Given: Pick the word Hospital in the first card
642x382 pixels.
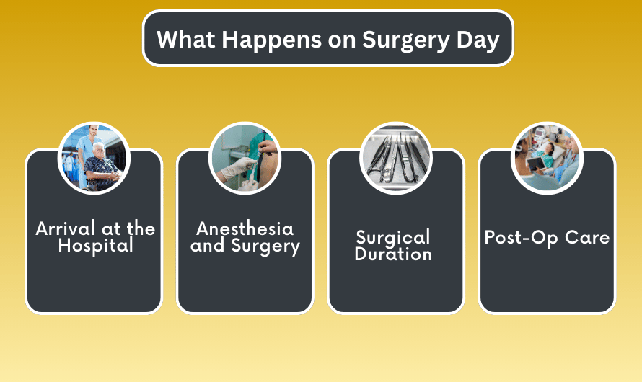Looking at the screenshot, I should click(x=95, y=246).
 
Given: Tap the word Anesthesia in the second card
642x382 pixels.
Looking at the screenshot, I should click(x=245, y=229).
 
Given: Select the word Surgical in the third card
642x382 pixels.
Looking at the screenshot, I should click(x=393, y=237).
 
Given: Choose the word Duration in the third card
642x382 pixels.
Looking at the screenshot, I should click(x=393, y=254).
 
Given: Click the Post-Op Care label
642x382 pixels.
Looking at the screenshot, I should click(x=547, y=238).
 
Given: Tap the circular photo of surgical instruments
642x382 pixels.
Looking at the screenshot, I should click(x=395, y=159).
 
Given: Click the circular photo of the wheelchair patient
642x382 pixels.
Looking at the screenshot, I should click(x=94, y=159).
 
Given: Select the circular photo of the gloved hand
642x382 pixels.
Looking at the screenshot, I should click(x=245, y=159).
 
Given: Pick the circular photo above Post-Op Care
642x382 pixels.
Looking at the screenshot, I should click(x=546, y=159).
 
